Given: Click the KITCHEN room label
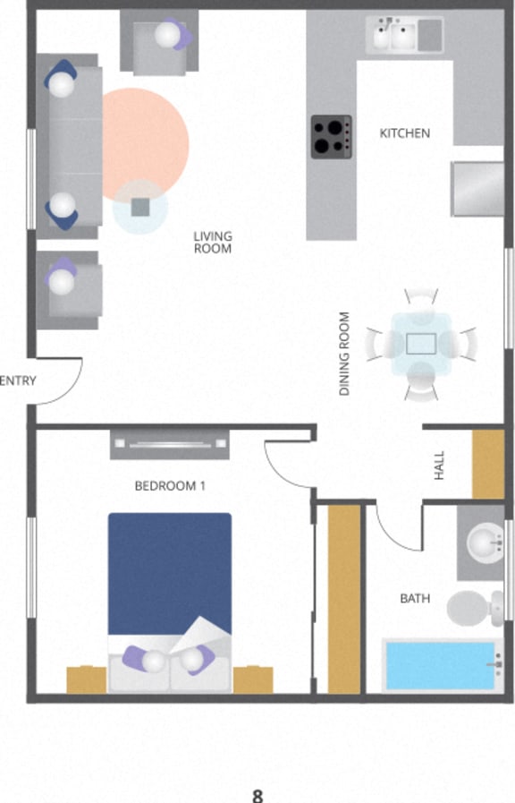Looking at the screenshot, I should coord(404,133).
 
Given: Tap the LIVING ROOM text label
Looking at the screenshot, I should coord(213,242).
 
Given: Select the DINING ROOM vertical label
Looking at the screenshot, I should coord(344,354).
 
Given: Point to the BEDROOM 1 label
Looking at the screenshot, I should coord(170,486).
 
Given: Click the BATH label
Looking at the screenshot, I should coord(414,598).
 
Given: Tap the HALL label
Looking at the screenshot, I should coord(439,466).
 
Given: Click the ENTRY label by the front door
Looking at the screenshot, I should coord(18,380).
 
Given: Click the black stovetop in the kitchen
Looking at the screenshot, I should coord(331,137).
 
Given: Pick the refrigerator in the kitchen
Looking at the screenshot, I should coord(477,188).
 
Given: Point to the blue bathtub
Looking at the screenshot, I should coord(440,664).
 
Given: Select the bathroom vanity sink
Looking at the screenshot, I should coord(483,542).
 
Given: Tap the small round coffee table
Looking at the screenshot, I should coord(140,208).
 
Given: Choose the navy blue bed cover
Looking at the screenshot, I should coord(169,573).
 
